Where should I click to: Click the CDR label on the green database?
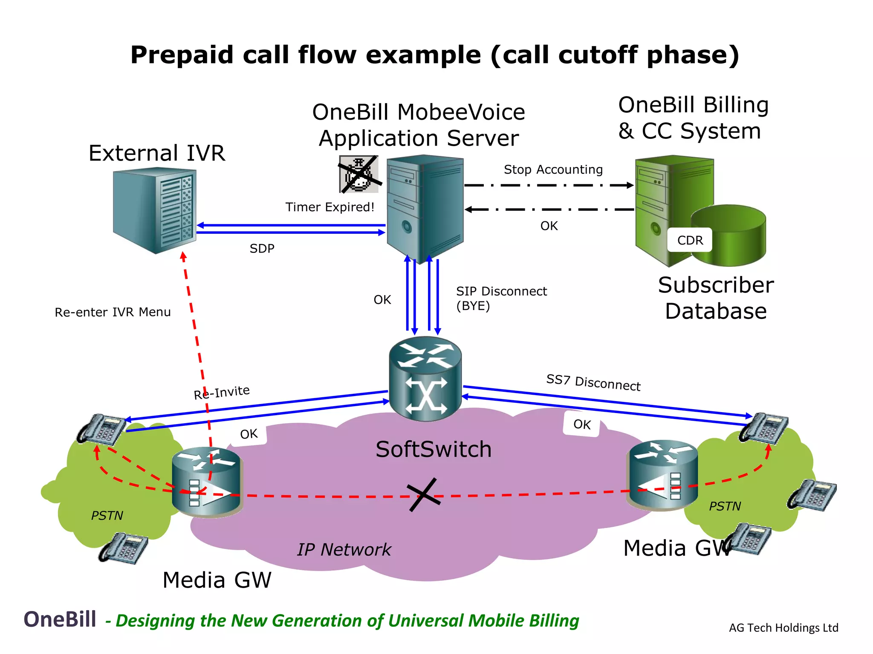point(690,241)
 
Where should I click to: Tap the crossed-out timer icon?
point(358,174)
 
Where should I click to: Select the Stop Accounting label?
point(553,169)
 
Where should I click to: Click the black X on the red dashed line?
point(423,495)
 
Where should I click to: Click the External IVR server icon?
point(154,210)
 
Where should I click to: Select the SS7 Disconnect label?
point(593,382)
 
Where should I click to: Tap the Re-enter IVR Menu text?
point(113,312)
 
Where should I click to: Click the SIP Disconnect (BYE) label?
point(501,298)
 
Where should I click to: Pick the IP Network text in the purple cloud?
point(344,549)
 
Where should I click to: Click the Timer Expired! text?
point(330,207)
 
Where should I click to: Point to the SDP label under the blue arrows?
point(262,248)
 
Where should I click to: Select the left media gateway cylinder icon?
point(207,482)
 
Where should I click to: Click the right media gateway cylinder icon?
point(662,475)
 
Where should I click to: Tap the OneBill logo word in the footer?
point(60,619)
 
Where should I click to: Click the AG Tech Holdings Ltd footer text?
point(783,628)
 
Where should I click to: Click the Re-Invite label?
point(222,392)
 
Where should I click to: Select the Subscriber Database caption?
point(715,298)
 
